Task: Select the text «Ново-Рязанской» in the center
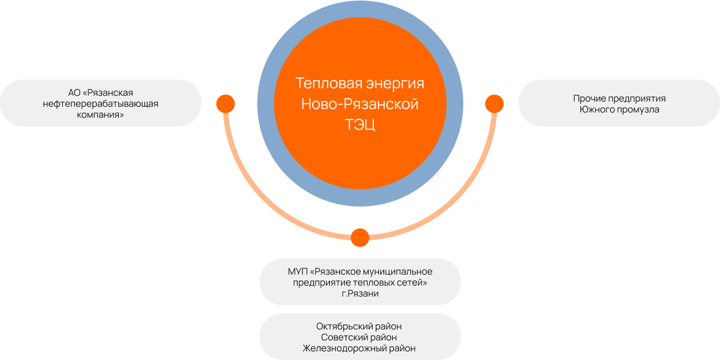pos(360,104)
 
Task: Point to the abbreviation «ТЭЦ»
pos(360,125)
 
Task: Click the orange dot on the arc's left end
pos(226,104)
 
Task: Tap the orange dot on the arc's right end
pos(494,104)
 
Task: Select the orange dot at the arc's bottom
pos(360,238)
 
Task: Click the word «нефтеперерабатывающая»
pos(100,104)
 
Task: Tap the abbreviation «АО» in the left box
pos(74,93)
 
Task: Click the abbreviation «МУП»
pos(298,272)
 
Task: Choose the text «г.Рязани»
pos(360,294)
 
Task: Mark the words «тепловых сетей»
pos(395,283)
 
